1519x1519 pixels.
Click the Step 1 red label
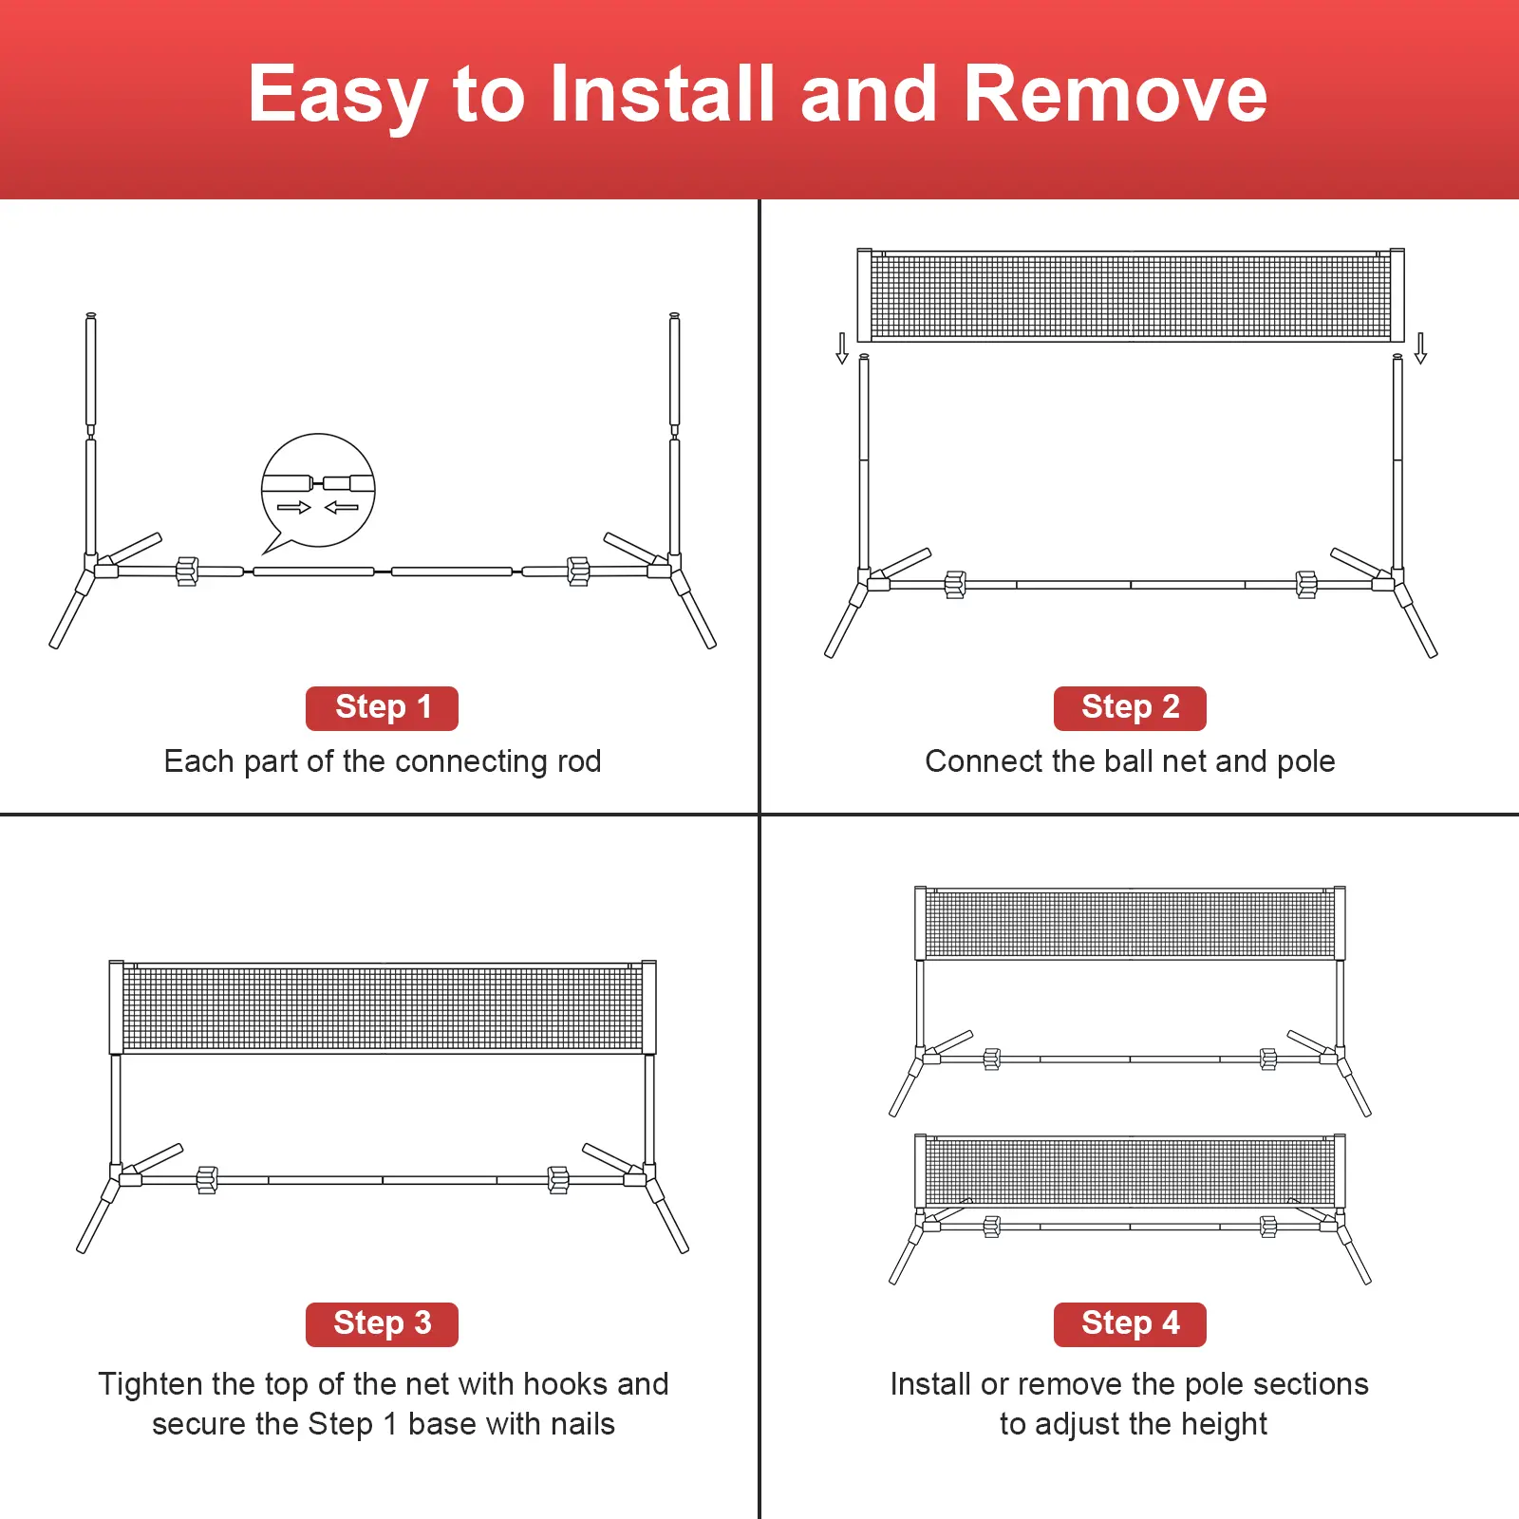pyautogui.click(x=382, y=708)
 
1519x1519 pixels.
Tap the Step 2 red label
pyautogui.click(x=1130, y=708)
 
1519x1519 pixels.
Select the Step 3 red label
pyautogui.click(x=382, y=1324)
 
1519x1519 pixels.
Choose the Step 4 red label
pyautogui.click(x=1130, y=1324)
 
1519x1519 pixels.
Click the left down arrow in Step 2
pyautogui.click(x=842, y=348)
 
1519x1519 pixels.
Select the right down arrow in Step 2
pyautogui.click(x=1420, y=348)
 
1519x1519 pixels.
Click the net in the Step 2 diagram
pyautogui.click(x=1131, y=295)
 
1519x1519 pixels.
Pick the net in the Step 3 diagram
pyautogui.click(x=383, y=1007)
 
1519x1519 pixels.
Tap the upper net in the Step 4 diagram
pyautogui.click(x=1130, y=923)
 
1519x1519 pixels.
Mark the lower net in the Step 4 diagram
pyautogui.click(x=1130, y=1171)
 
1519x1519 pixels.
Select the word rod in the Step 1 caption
pyautogui.click(x=579, y=761)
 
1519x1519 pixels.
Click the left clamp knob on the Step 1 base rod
pyautogui.click(x=187, y=572)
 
